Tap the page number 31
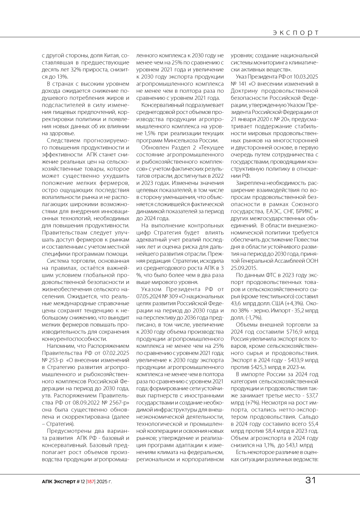click(311, 481)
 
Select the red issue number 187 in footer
click(91, 481)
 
